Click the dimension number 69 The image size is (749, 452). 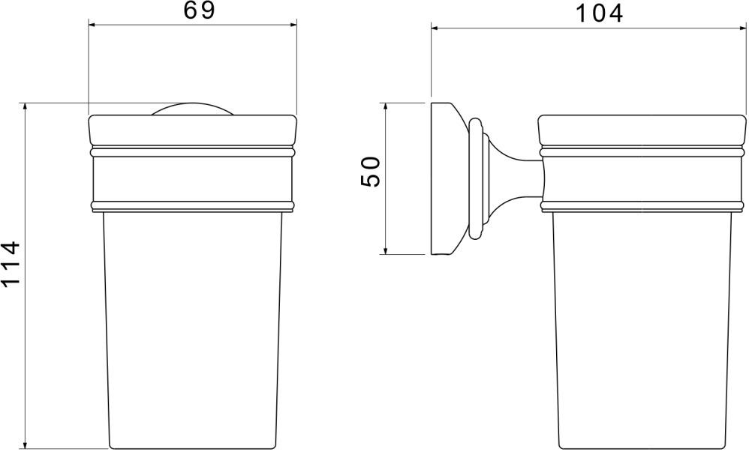point(199,11)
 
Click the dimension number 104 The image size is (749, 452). point(599,13)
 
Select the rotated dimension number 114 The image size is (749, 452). point(11,263)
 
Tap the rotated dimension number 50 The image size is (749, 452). point(371,172)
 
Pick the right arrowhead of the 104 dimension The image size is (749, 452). point(740,28)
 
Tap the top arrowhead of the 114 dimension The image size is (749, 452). point(26,108)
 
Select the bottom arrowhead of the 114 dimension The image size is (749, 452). point(26,444)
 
